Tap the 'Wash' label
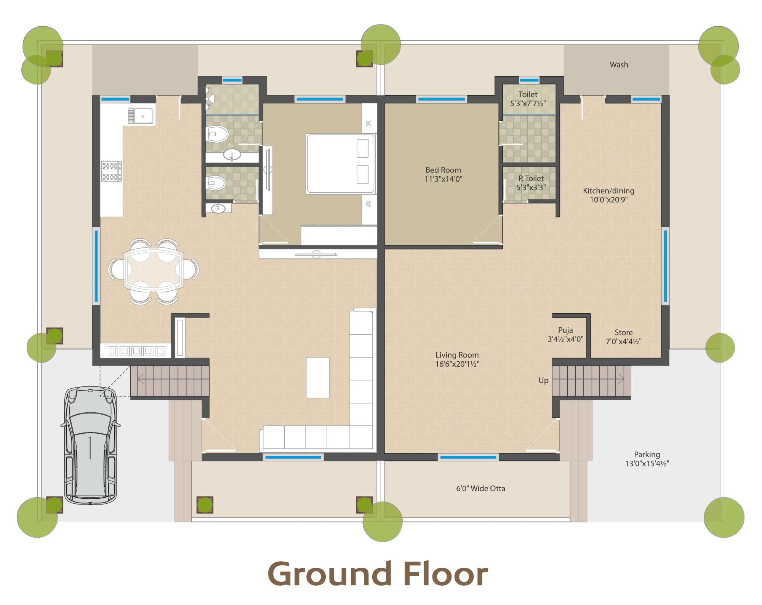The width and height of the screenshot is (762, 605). coord(619,65)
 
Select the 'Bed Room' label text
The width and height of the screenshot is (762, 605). coord(443,170)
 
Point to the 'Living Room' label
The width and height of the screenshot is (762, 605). coord(457,355)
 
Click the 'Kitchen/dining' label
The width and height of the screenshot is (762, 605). coord(608,191)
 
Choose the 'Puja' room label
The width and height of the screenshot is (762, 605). coord(565,330)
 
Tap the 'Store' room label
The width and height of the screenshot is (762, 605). coord(623,332)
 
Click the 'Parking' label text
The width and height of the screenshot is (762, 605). coord(647,454)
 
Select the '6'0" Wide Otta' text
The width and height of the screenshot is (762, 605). coord(480,488)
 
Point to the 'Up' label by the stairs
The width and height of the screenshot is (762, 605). coord(543,380)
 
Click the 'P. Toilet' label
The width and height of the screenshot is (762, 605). coord(531,178)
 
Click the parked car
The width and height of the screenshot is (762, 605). coord(90,445)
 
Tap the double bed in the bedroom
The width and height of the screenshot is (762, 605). coord(341,164)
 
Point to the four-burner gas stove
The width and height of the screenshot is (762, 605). coord(111,171)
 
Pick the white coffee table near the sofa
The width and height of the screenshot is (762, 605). coord(318,377)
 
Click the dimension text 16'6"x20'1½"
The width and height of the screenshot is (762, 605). coord(457,364)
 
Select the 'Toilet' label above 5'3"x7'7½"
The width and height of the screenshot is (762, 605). coord(528,94)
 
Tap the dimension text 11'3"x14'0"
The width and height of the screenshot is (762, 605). coord(443,179)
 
